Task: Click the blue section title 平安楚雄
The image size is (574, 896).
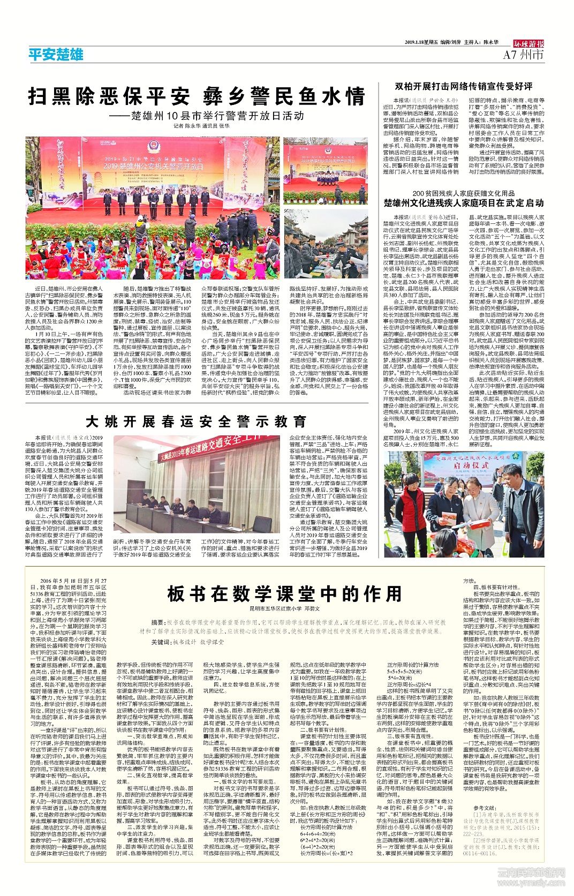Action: pyautogui.click(x=56, y=55)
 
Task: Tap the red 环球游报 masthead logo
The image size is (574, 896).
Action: pyautogui.click(x=528, y=44)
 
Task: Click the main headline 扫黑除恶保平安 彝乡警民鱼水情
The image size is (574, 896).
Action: pyautogui.click(x=197, y=97)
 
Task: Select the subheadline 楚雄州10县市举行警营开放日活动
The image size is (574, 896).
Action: pyautogui.click(x=214, y=116)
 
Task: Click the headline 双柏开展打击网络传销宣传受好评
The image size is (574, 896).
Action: pyautogui.click(x=464, y=86)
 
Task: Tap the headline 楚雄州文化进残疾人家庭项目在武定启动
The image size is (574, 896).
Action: pyautogui.click(x=464, y=203)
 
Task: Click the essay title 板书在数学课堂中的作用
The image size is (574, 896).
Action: pyautogui.click(x=284, y=594)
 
